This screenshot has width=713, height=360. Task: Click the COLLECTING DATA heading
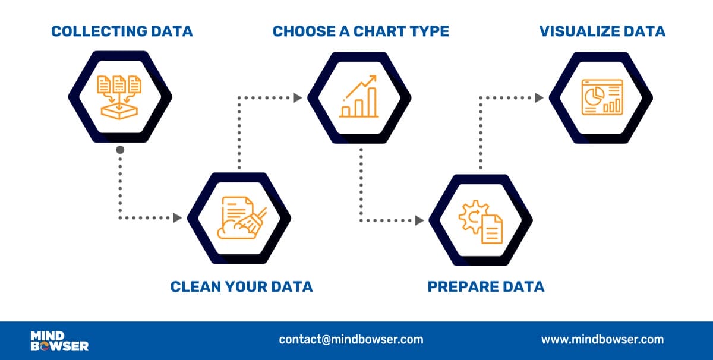pos(122,31)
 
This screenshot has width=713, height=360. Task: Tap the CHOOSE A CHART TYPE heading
pos(361,31)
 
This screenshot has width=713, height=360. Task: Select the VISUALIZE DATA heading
pos(602,31)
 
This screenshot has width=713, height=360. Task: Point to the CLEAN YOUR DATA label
pos(241,287)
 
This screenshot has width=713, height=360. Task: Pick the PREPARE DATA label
pos(486,287)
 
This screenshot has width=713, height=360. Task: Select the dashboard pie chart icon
pos(601,97)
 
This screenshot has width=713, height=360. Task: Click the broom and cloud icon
pos(240,218)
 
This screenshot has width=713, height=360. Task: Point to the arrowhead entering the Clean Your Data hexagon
pos(177,218)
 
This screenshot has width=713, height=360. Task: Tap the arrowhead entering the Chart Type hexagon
pos(298,95)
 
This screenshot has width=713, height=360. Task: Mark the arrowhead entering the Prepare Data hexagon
pos(419,220)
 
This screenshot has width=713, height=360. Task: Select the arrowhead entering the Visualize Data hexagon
pos(540,97)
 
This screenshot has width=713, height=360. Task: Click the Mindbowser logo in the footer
pos(59,341)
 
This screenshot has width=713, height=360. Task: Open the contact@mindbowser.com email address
pos(351,340)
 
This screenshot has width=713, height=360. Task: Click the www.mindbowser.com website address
pos(602,340)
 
